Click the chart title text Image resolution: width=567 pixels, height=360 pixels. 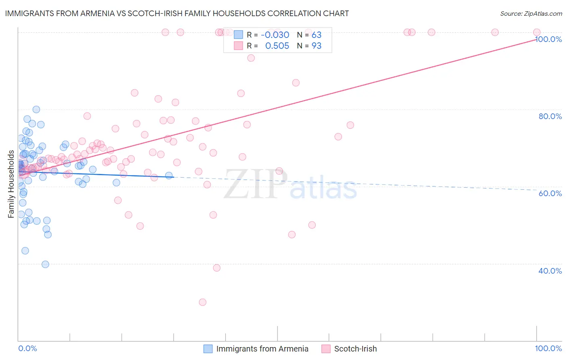pyautogui.click(x=177, y=13)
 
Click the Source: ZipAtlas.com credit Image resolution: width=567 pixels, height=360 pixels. pyautogui.click(x=531, y=13)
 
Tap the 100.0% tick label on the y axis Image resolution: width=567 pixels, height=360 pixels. pyautogui.click(x=549, y=39)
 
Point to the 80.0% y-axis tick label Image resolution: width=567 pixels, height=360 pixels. pyautogui.click(x=550, y=116)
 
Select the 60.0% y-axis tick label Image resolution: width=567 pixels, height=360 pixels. pyautogui.click(x=550, y=193)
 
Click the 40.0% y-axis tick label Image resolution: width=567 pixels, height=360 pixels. pyautogui.click(x=550, y=271)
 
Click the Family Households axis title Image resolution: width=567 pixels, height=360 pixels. pyautogui.click(x=11, y=184)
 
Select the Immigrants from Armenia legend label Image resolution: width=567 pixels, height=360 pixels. pyautogui.click(x=262, y=349)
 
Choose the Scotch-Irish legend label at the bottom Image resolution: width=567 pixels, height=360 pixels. pyautogui.click(x=355, y=349)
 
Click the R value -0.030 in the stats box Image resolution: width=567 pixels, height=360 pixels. pyautogui.click(x=275, y=35)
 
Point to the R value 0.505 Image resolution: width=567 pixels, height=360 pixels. pyautogui.click(x=277, y=46)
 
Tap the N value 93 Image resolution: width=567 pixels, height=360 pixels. pyautogui.click(x=317, y=46)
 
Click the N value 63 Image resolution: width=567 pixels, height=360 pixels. pyautogui.click(x=317, y=35)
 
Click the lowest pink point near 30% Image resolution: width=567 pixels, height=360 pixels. pyautogui.click(x=202, y=302)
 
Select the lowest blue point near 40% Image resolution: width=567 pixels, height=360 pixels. pyautogui.click(x=45, y=264)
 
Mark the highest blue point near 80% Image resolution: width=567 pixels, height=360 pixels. pyautogui.click(x=36, y=109)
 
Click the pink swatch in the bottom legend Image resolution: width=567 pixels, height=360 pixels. pyautogui.click(x=326, y=349)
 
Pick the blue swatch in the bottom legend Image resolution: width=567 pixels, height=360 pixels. pyautogui.click(x=208, y=349)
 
